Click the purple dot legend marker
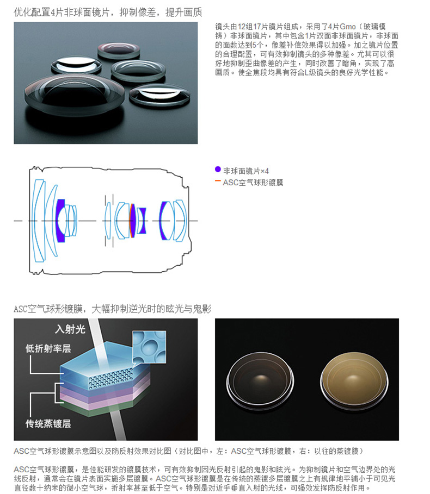click(x=218, y=169)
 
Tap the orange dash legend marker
click(x=218, y=181)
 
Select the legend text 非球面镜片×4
click(x=246, y=171)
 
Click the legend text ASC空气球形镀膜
click(x=253, y=183)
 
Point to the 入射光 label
click(x=70, y=329)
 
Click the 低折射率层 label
click(x=48, y=348)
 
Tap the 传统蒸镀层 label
click(x=48, y=423)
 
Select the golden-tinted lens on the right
click(x=354, y=380)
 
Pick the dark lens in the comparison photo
click(x=260, y=380)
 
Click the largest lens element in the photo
click(x=75, y=94)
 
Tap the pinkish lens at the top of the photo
click(x=119, y=51)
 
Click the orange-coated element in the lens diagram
click(x=130, y=221)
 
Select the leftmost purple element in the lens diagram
click(x=60, y=221)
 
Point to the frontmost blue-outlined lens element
click(x=39, y=221)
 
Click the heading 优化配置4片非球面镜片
click(x=62, y=12)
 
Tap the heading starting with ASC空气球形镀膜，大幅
click(x=113, y=309)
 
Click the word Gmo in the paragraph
click(x=347, y=27)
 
